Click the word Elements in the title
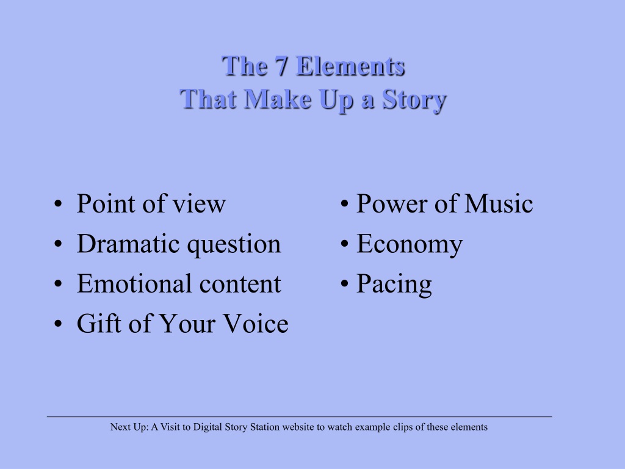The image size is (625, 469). (351, 65)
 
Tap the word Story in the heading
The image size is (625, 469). (414, 100)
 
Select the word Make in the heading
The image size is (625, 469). (278, 99)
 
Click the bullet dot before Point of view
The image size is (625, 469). (58, 204)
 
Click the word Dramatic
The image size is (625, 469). (128, 244)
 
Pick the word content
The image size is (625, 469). (240, 285)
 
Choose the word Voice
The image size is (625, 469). (256, 323)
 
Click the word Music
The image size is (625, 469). (499, 203)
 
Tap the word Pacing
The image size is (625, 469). (394, 285)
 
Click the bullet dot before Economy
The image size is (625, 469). (345, 244)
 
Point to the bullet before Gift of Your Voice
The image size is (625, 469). (58, 324)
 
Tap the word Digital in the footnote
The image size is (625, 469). (208, 427)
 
